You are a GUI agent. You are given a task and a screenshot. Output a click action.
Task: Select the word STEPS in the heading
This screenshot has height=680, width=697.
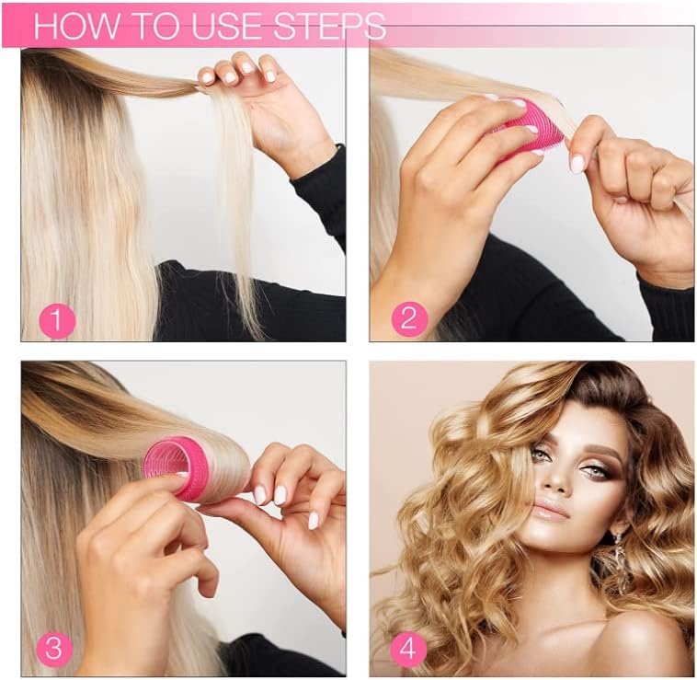point(329,26)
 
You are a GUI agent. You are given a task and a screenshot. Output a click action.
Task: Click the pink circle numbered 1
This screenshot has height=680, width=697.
point(57,320)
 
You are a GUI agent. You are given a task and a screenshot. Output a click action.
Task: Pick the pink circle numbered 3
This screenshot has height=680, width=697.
point(53,647)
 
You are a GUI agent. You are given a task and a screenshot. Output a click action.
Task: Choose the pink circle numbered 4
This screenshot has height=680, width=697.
point(407,650)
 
